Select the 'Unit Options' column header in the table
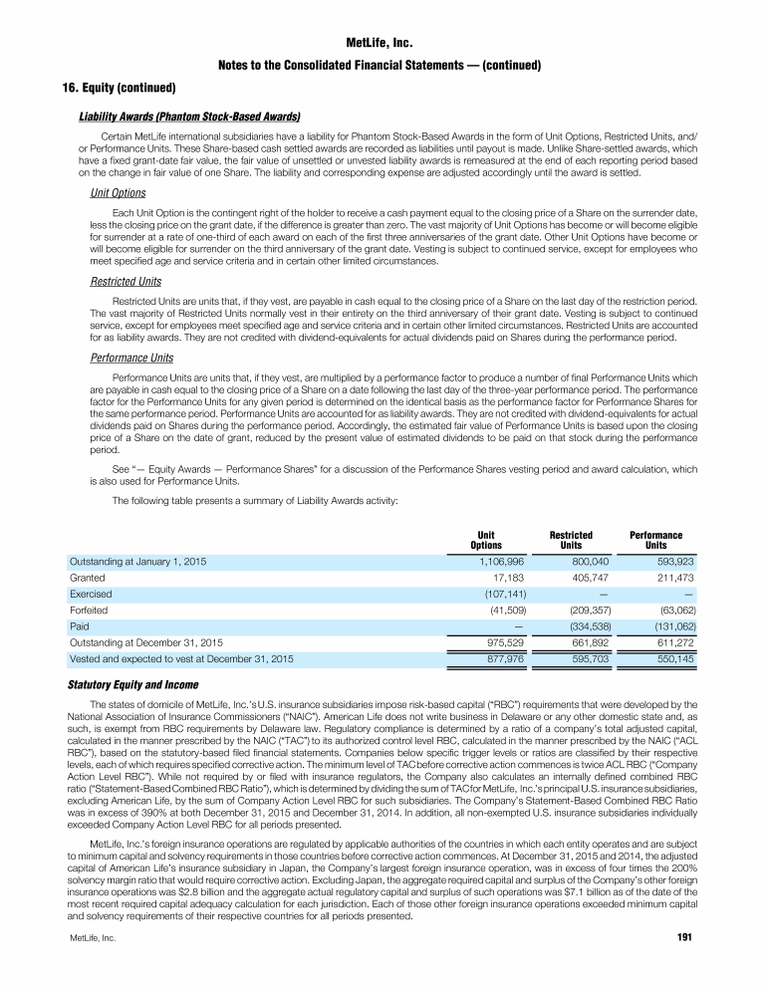tap(486, 540)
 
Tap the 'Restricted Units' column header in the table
tap(571, 540)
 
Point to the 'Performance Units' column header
tap(655, 540)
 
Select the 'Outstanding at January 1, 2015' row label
tap(136, 562)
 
